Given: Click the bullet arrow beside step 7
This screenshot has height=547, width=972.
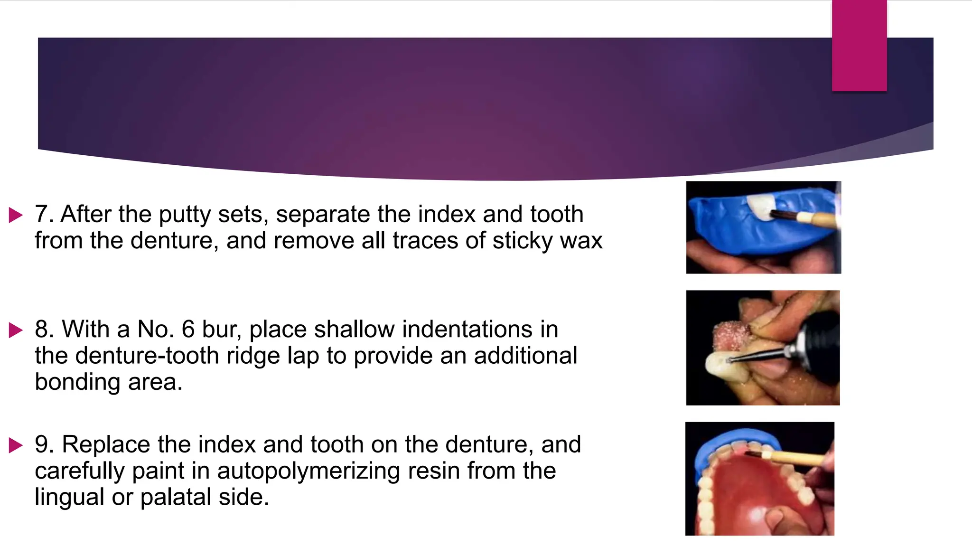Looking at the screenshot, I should tap(16, 215).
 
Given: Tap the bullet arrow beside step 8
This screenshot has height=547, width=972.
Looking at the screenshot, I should tap(16, 330).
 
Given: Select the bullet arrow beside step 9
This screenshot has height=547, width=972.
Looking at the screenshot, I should tap(16, 445).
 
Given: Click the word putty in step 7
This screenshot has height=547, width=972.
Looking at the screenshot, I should tap(185, 215).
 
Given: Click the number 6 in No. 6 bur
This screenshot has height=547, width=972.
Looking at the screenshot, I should tap(188, 330).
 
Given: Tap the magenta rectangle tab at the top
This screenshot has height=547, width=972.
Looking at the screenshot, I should tap(859, 45).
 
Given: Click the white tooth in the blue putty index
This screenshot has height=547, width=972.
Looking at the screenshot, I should tap(759, 207).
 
